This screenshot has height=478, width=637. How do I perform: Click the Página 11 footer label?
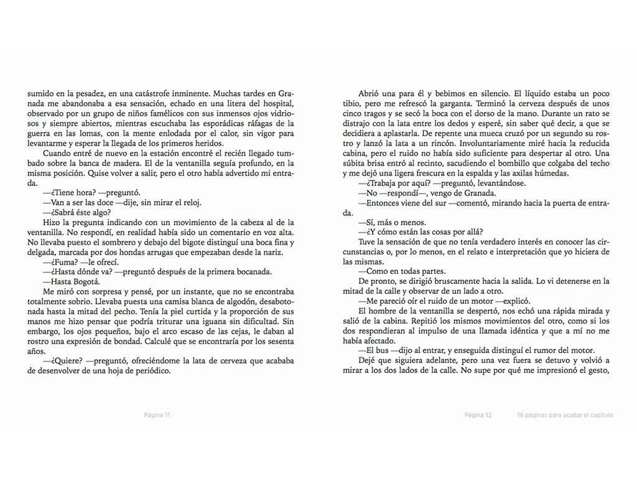pos(157,415)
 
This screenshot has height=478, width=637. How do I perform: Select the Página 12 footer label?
pos(478,415)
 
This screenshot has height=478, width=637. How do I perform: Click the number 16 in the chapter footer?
pos(520,415)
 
